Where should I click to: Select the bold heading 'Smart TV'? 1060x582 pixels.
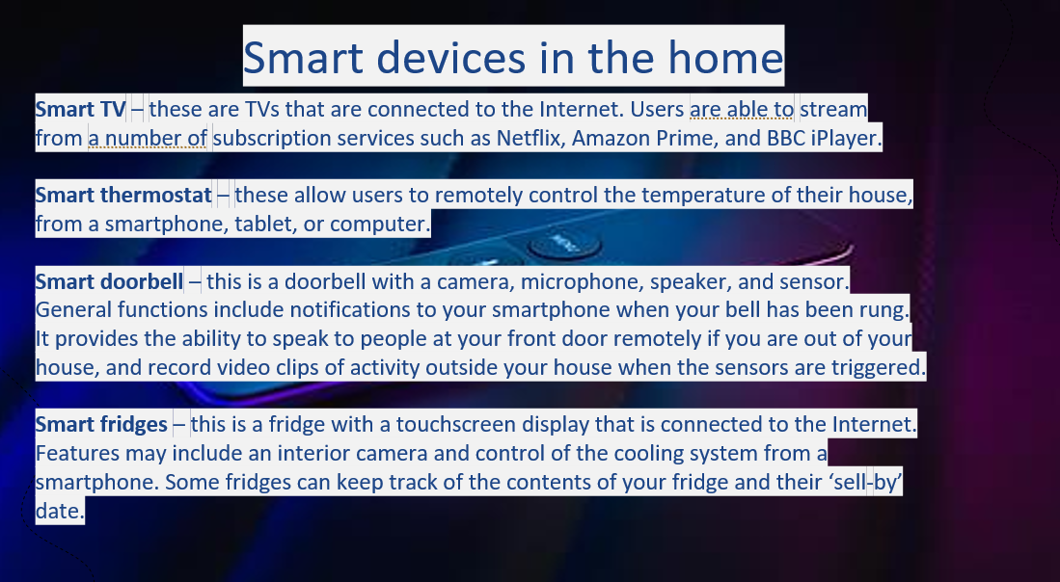80,109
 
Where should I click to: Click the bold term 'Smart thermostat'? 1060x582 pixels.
123,196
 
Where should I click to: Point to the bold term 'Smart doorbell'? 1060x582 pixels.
109,280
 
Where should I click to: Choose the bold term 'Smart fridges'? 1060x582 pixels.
101,425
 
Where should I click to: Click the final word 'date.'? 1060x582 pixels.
60,511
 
